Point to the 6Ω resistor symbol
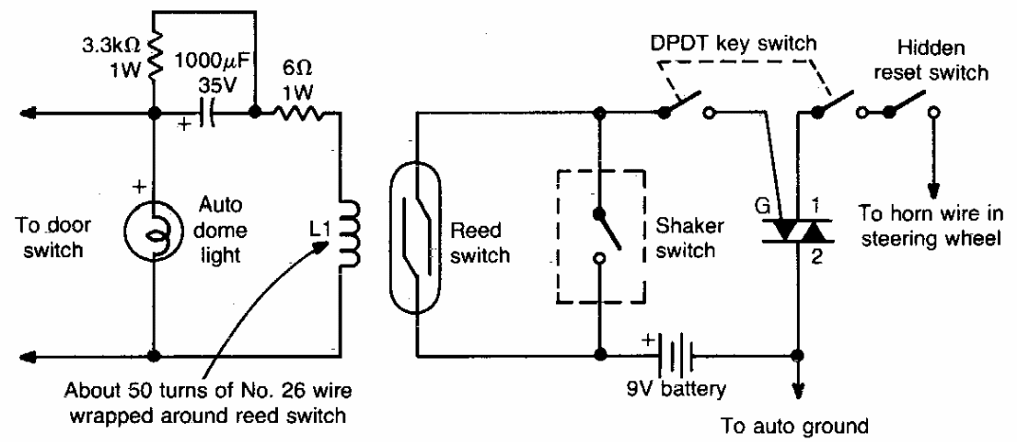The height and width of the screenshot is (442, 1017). tap(298, 115)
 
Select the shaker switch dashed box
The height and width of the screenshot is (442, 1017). tap(600, 236)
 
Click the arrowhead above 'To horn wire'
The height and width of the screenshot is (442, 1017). tap(935, 186)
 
